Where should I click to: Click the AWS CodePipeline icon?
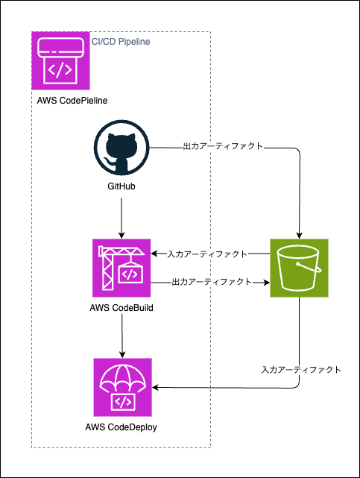[60, 60]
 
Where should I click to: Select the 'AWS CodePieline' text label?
[72, 101]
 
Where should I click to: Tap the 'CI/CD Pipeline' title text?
[121, 42]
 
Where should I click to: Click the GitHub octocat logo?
[121, 148]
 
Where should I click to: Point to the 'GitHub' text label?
[121, 186]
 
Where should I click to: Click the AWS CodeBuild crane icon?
[121, 268]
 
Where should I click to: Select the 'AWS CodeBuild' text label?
[121, 308]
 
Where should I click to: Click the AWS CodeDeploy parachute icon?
[122, 387]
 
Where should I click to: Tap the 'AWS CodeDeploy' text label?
[121, 427]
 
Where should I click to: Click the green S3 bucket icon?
[299, 268]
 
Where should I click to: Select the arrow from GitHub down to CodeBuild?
[121, 218]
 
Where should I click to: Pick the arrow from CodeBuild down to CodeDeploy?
[122, 336]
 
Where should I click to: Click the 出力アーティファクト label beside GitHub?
[223, 146]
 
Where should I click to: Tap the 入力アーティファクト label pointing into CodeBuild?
[207, 254]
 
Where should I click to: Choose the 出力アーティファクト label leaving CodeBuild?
[212, 282]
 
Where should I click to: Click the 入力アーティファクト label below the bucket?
[301, 370]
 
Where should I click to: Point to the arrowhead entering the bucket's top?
[299, 236]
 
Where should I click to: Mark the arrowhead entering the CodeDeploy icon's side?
[155, 388]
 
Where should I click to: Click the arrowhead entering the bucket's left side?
[267, 283]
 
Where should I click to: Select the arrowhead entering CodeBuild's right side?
[154, 254]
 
